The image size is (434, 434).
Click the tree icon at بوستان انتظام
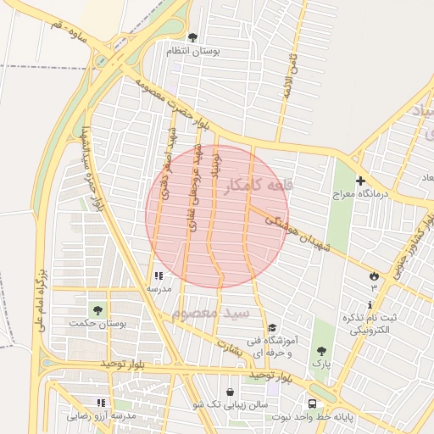tap(192, 37)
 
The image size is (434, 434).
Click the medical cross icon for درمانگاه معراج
tap(360, 181)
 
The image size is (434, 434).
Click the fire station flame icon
tap(373, 275)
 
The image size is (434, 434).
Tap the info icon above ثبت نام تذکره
tap(370, 304)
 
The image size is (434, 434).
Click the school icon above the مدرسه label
tap(159, 275)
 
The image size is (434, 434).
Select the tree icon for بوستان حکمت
tap(97, 309)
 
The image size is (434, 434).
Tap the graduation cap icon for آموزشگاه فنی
tap(271, 328)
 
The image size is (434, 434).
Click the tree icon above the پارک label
tap(320, 350)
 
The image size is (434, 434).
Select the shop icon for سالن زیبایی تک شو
tap(230, 392)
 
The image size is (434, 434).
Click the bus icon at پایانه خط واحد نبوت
tap(313, 403)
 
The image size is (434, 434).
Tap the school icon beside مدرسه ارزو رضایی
tap(101, 403)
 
